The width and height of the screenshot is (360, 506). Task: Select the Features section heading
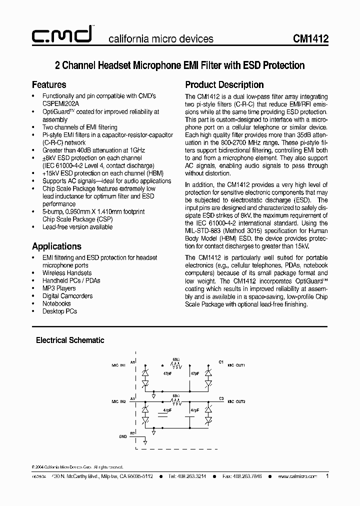49,85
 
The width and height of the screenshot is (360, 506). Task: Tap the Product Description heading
224,85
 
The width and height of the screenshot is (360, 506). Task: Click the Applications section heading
56,246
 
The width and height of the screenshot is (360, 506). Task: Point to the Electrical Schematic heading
70,340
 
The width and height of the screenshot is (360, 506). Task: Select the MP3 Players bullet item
59,288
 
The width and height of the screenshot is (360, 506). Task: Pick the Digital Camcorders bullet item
67,295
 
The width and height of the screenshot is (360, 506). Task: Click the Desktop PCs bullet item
59,311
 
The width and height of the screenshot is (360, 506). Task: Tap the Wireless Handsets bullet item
67,273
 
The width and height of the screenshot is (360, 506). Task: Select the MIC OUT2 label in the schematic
236,401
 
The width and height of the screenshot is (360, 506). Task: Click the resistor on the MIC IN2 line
175,401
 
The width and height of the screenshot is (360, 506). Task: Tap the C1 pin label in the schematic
221,361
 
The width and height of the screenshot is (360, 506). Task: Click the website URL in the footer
297,477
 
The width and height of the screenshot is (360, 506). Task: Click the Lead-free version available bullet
77,226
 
